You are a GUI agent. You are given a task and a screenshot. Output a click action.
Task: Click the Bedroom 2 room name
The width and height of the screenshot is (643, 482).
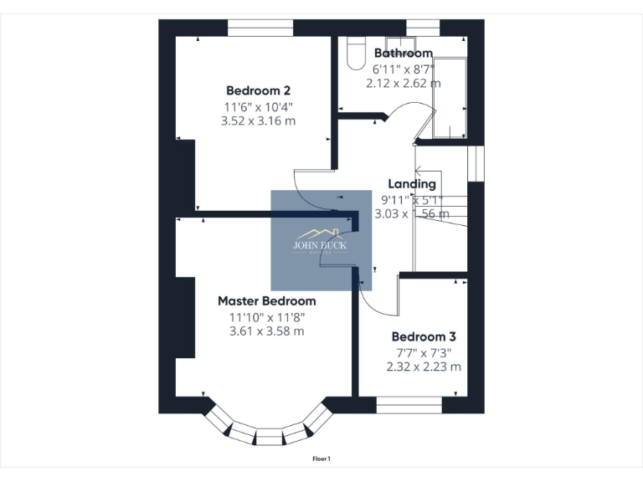258,90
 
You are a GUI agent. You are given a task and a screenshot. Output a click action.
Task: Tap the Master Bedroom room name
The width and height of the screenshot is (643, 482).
266,300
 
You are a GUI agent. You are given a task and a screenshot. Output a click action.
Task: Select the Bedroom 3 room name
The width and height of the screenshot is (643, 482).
424,336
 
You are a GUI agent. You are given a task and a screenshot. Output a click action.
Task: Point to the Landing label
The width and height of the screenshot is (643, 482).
411,184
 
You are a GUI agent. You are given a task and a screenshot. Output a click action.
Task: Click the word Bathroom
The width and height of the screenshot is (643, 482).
403,54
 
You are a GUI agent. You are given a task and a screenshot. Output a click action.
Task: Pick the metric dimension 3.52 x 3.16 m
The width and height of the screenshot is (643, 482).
258,120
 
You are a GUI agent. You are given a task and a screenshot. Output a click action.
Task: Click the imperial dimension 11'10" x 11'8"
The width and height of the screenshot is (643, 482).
266,316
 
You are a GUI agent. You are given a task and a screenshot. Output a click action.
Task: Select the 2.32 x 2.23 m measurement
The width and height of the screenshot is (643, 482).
424,367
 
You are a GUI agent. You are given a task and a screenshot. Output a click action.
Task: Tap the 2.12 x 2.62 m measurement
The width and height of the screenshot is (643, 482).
403,83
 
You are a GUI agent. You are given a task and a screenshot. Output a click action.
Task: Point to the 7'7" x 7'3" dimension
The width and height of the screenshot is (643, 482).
424,351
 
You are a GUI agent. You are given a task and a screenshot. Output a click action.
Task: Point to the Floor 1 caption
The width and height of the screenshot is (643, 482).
321,459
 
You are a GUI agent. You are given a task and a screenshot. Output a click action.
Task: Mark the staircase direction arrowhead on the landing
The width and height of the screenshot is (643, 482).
418,172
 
